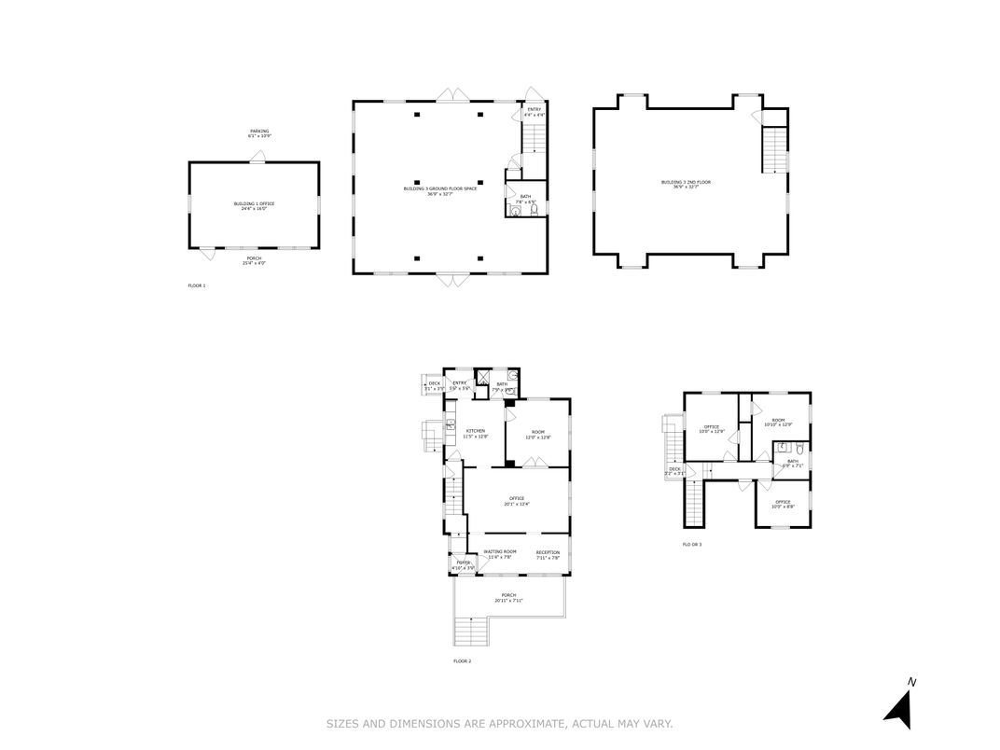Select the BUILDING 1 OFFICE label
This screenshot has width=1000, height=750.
click(254, 205)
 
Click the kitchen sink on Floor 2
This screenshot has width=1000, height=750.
click(450, 426)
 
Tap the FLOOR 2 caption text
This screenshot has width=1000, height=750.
click(462, 661)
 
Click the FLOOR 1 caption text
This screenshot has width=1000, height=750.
click(196, 285)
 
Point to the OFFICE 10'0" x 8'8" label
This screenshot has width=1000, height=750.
click(783, 504)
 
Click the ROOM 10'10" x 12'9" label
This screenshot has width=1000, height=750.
click(778, 423)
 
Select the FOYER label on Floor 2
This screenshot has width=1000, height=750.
click(464, 564)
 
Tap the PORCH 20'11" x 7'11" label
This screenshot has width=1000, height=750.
click(508, 597)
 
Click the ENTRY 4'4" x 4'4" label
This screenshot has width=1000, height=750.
click(534, 112)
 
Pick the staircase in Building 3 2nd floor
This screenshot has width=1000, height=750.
click(775, 150)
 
